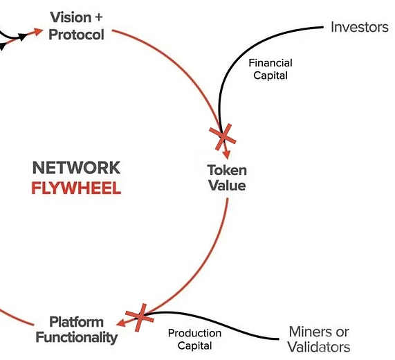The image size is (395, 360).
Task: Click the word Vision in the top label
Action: pos(71,17)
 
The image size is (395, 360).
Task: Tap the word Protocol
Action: pos(76,35)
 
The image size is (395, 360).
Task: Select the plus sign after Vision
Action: pos(99,17)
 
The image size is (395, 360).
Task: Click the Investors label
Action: pos(360,27)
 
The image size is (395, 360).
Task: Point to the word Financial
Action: pos(270,63)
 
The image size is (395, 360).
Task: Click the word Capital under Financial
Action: pos(270,75)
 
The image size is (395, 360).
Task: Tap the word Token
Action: pos(227,170)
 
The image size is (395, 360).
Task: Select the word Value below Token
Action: pos(227,186)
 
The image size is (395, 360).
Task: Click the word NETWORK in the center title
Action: pos(76,168)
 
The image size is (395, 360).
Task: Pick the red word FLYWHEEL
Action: pos(76,188)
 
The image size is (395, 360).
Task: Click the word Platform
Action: pos(76,322)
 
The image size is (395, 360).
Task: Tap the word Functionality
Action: pos(77,338)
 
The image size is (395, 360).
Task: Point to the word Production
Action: pos(194,333)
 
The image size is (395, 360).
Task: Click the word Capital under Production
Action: pos(194,345)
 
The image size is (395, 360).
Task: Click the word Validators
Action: pos(319,347)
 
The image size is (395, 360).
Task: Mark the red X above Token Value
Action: pos(223,137)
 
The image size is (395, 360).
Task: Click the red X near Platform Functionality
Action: pos(140,318)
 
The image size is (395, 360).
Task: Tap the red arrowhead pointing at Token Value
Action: pos(227,154)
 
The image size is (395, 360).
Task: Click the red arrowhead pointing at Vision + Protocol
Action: pos(38,32)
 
